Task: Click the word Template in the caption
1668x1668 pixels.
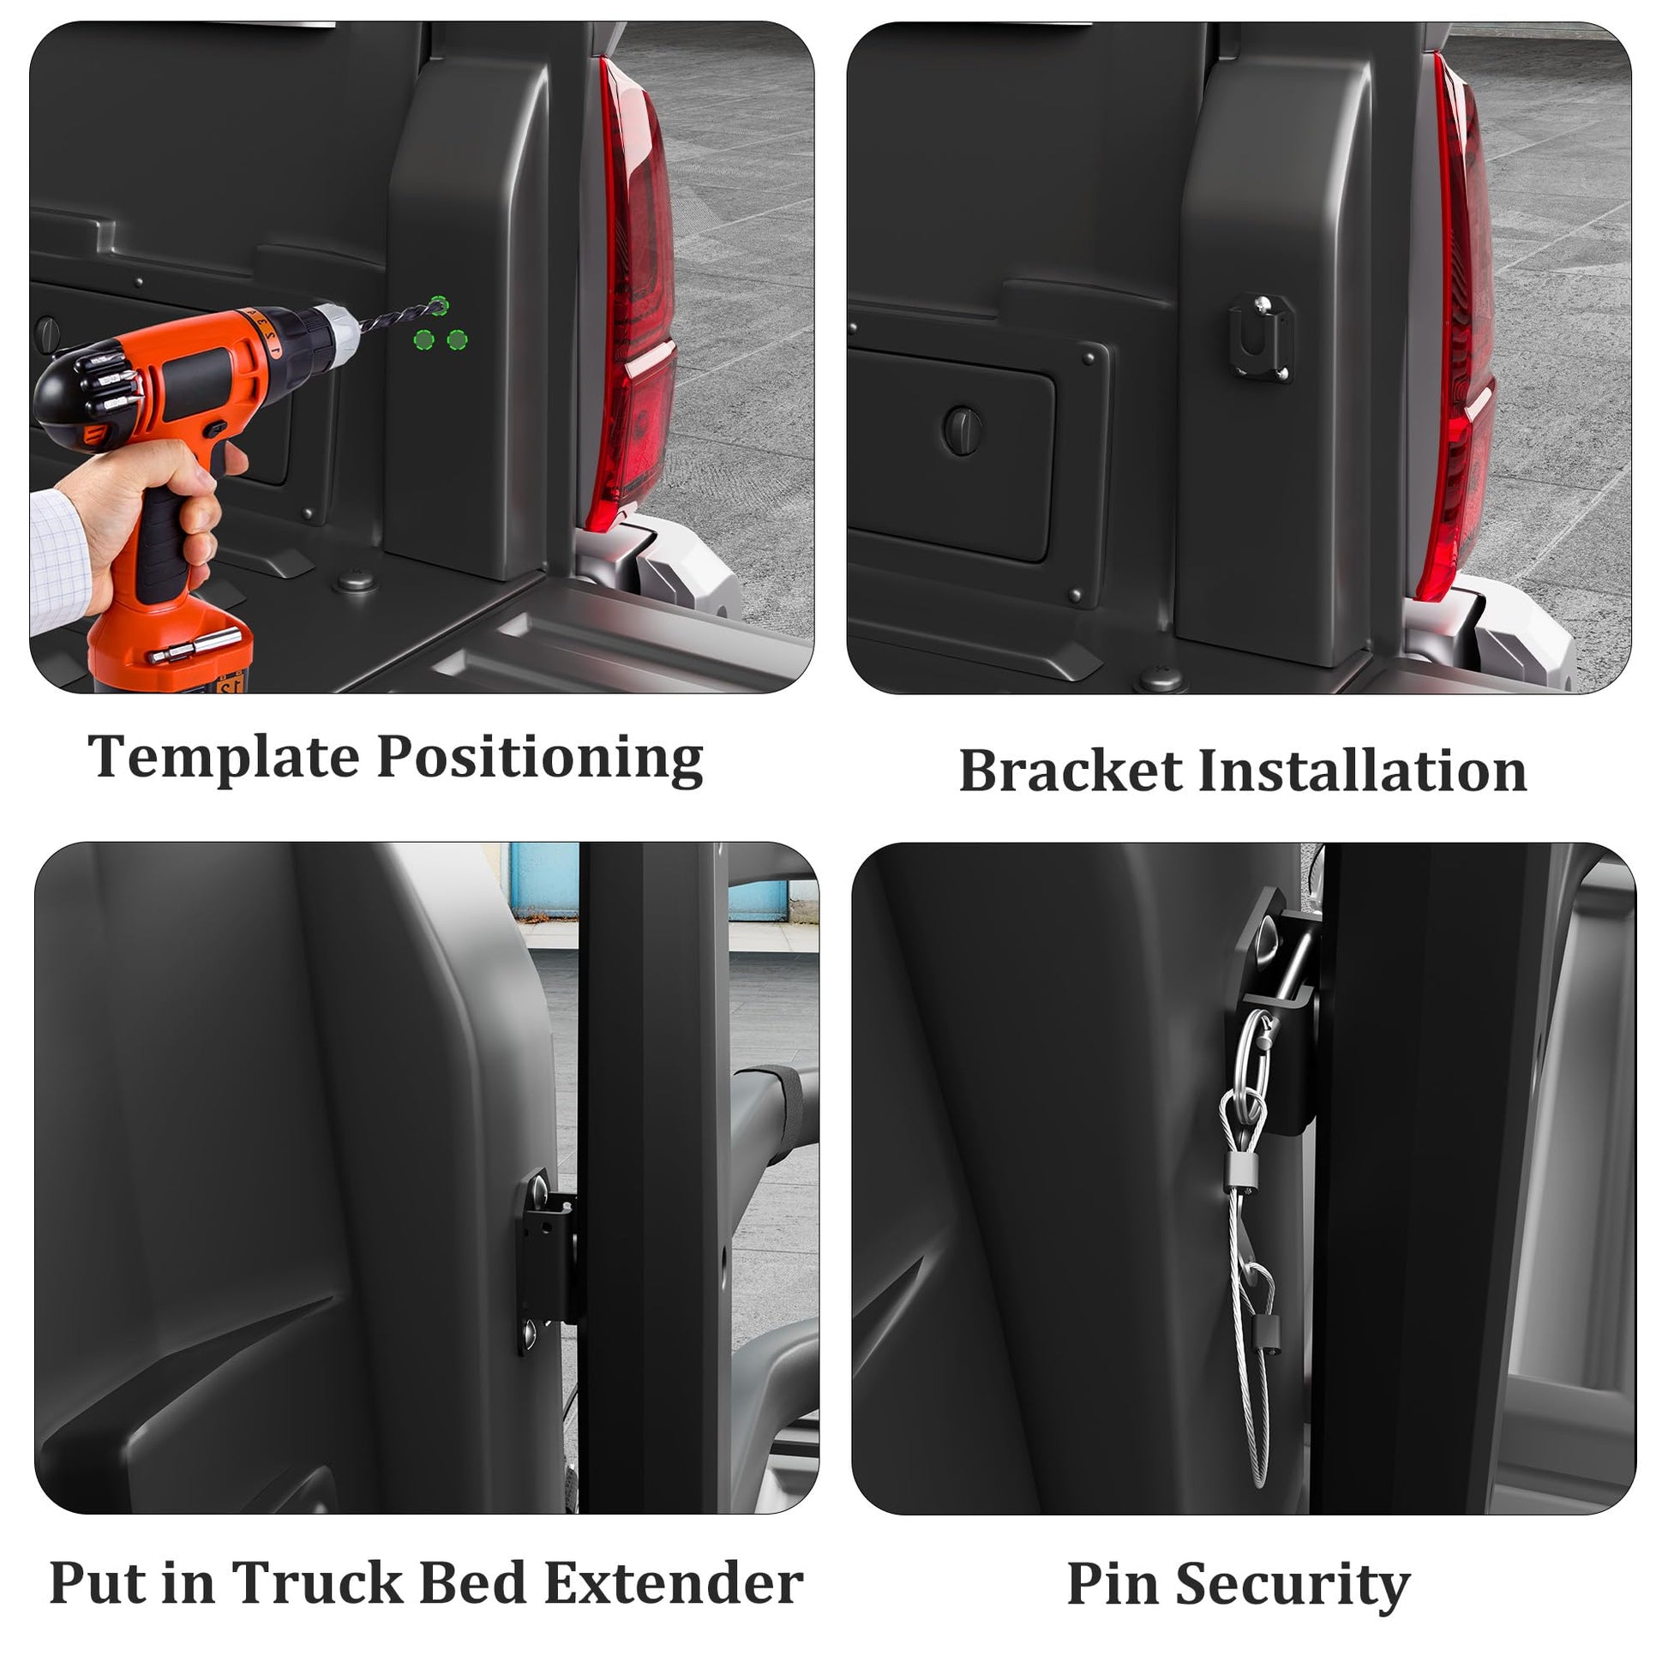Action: pyautogui.click(x=223, y=757)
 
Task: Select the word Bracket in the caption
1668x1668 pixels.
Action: pyautogui.click(x=1070, y=770)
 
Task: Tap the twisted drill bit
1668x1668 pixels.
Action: pyautogui.click(x=399, y=315)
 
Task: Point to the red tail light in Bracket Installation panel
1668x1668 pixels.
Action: pyautogui.click(x=1458, y=328)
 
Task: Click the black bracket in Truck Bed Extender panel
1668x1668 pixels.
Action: pyautogui.click(x=547, y=1263)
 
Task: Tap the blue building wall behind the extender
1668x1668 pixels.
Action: pyautogui.click(x=544, y=879)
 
